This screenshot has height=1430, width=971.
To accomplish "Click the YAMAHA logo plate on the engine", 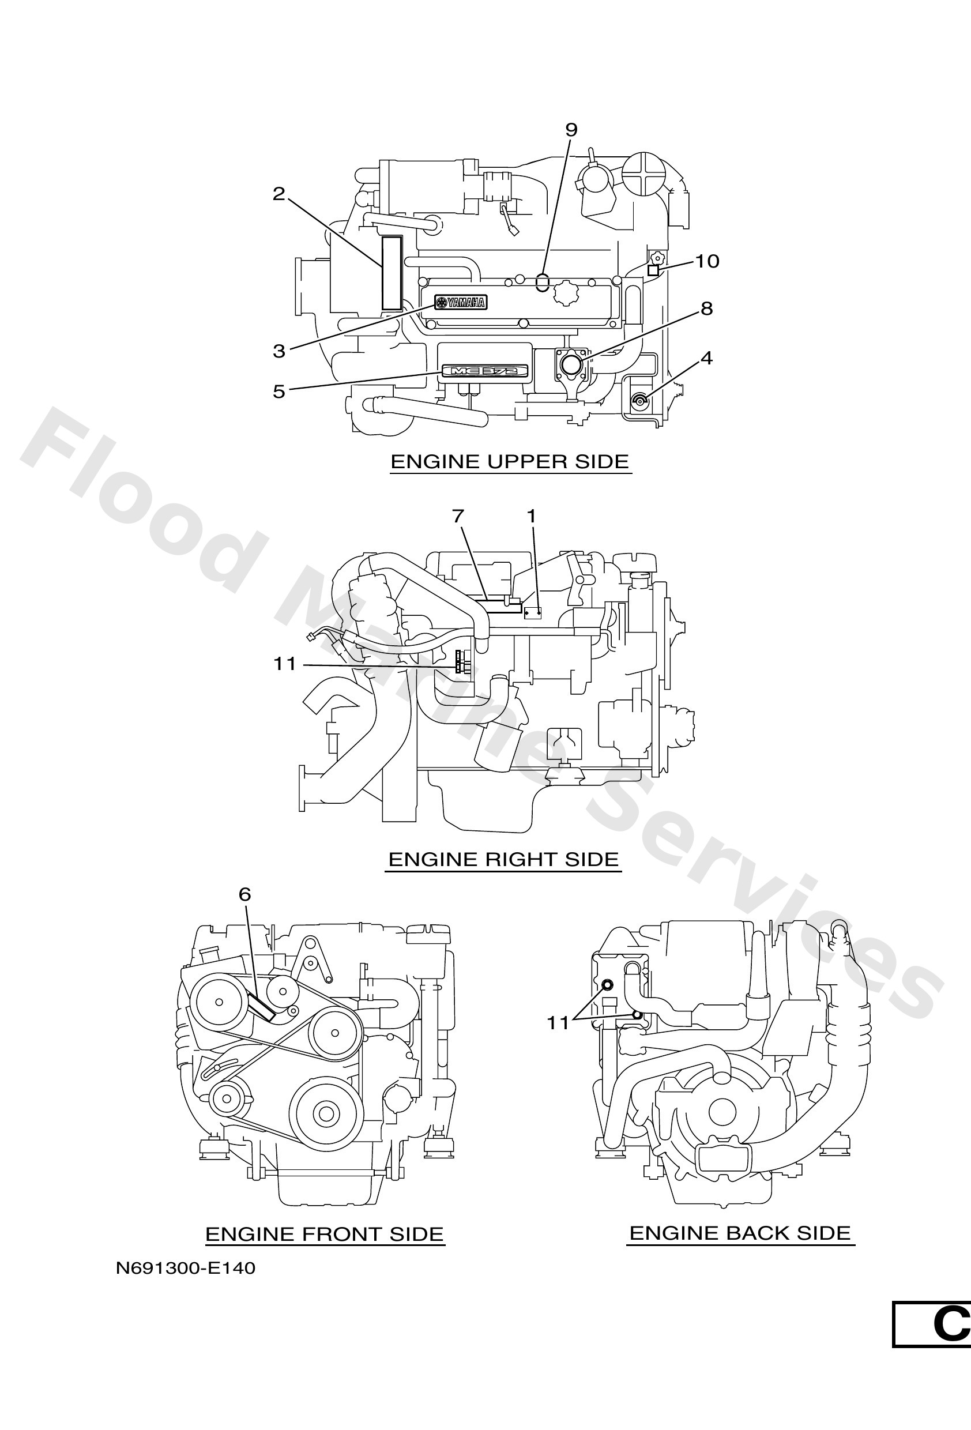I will point(461,302).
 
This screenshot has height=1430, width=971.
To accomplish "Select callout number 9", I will point(571,130).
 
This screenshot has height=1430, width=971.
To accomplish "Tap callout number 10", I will point(707,262).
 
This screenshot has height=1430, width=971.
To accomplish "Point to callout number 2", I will point(278,194).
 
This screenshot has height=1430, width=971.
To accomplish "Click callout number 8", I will point(706,308).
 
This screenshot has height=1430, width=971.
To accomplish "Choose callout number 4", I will point(706,357).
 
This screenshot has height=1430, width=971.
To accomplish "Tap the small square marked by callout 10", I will point(653,270).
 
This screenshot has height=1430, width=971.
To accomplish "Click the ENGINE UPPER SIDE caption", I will point(510,461).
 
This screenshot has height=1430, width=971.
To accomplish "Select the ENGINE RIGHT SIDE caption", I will point(503,860).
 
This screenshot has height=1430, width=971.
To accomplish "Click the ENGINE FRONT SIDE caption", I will point(324,1235).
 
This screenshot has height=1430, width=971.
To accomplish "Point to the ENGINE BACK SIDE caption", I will point(740,1233).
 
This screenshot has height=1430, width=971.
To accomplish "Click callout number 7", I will point(458,516).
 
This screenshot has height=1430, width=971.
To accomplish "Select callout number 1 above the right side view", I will point(531,516).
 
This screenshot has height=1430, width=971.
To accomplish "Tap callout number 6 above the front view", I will point(245,895).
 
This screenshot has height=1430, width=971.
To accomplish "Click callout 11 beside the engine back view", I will point(558,1023).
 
